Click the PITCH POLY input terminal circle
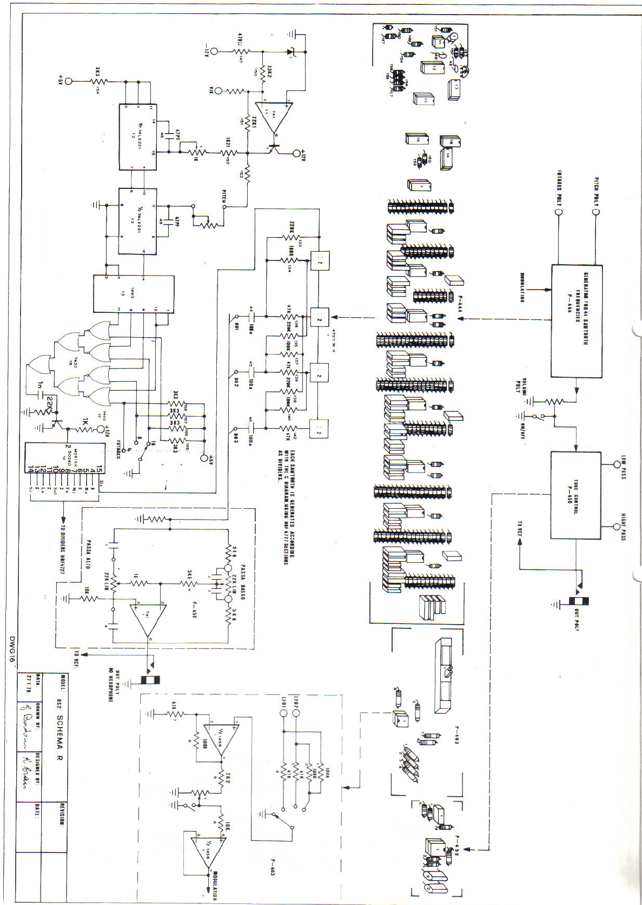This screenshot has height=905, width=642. click(596, 211)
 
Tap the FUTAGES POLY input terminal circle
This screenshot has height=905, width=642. click(559, 211)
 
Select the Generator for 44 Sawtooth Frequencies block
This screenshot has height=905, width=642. click(576, 320)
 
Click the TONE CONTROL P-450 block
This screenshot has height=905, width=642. click(575, 495)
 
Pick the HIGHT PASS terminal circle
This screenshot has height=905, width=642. click(617, 526)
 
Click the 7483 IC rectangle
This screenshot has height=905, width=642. click(134, 293)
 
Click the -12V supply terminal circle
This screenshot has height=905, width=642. click(214, 51)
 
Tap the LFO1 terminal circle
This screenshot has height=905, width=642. click(283, 713)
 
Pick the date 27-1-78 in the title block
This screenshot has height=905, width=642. click(28, 686)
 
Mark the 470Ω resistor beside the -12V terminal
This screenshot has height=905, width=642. click(241, 51)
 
